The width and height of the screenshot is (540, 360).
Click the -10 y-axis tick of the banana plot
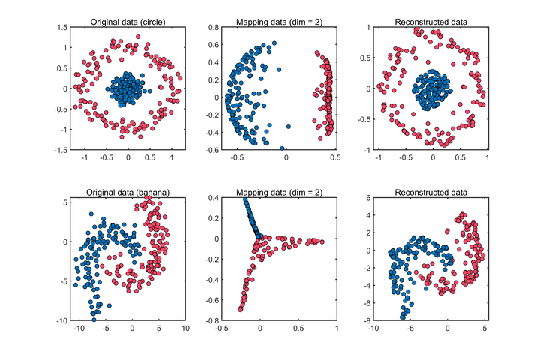(x=60, y=320)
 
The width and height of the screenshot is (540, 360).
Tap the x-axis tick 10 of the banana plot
(x=185, y=328)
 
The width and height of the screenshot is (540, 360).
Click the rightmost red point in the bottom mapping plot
(x=321, y=241)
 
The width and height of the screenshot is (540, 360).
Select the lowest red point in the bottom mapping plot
(x=241, y=309)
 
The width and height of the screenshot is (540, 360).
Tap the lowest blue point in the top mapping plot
(x=282, y=149)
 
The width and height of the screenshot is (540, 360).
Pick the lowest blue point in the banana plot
(x=94, y=319)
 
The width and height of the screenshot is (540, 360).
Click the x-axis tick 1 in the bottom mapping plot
(x=337, y=328)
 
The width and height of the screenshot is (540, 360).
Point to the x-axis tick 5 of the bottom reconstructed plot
(x=484, y=328)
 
